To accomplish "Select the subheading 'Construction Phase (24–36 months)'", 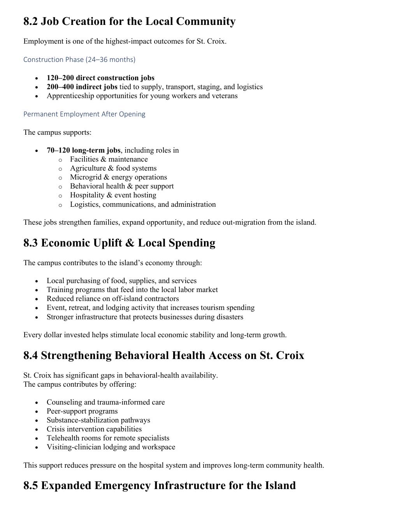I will tap(79, 60).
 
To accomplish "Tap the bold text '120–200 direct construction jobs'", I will tap(100, 78).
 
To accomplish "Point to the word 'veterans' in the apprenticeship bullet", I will tap(225, 96).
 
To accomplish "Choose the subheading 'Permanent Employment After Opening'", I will tap(84, 114).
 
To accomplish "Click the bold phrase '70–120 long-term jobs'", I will tap(83, 150).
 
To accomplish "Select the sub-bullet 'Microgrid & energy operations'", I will tap(118, 177).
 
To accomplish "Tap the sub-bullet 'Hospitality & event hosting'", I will tap(113, 195).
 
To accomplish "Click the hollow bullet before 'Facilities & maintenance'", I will tap(60, 160).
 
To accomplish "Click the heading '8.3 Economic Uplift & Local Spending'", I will tap(119, 243).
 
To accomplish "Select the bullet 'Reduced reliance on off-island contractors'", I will tap(112, 299).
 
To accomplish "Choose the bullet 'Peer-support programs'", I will tap(82, 411).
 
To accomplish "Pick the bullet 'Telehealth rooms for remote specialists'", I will tap(108, 438).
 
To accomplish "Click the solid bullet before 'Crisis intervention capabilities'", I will tap(37, 430).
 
